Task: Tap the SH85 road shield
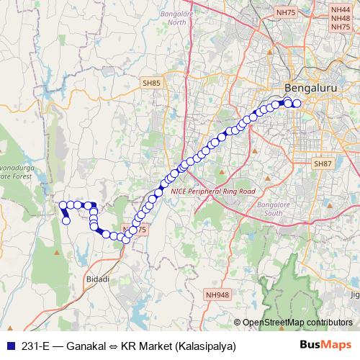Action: tap(151, 84)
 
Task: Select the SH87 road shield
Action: tap(321, 165)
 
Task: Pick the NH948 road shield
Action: tap(216, 294)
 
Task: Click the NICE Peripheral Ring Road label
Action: tap(213, 192)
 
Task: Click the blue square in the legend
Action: tap(8, 346)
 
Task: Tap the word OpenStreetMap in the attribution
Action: tap(274, 323)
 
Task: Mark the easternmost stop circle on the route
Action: tap(297, 104)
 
